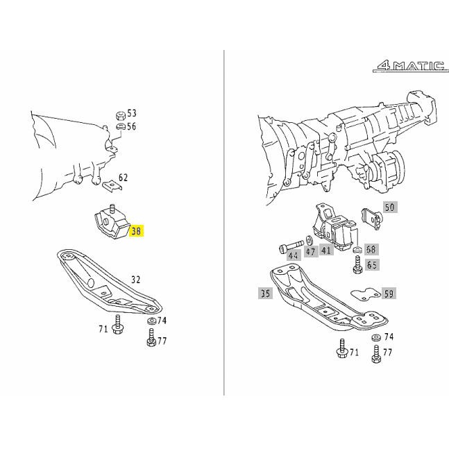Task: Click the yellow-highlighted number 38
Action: coord(136,230)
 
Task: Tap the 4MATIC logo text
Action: coord(411,66)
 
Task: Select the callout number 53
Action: coord(131,113)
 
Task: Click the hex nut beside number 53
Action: coord(121,116)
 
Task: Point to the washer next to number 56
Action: coord(121,126)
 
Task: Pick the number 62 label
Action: coord(123,178)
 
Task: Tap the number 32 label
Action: coord(136,279)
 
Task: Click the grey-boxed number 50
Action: coord(390,207)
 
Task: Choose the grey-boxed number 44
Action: coord(294,255)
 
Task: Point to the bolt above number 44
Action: coord(291,246)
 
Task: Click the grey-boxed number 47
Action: coord(311,251)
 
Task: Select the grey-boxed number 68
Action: coord(371,249)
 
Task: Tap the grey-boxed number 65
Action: coord(372,264)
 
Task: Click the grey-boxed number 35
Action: coord(265,294)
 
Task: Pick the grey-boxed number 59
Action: coord(389,294)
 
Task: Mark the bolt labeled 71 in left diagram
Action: coord(117,325)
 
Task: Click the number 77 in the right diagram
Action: coord(387,352)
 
